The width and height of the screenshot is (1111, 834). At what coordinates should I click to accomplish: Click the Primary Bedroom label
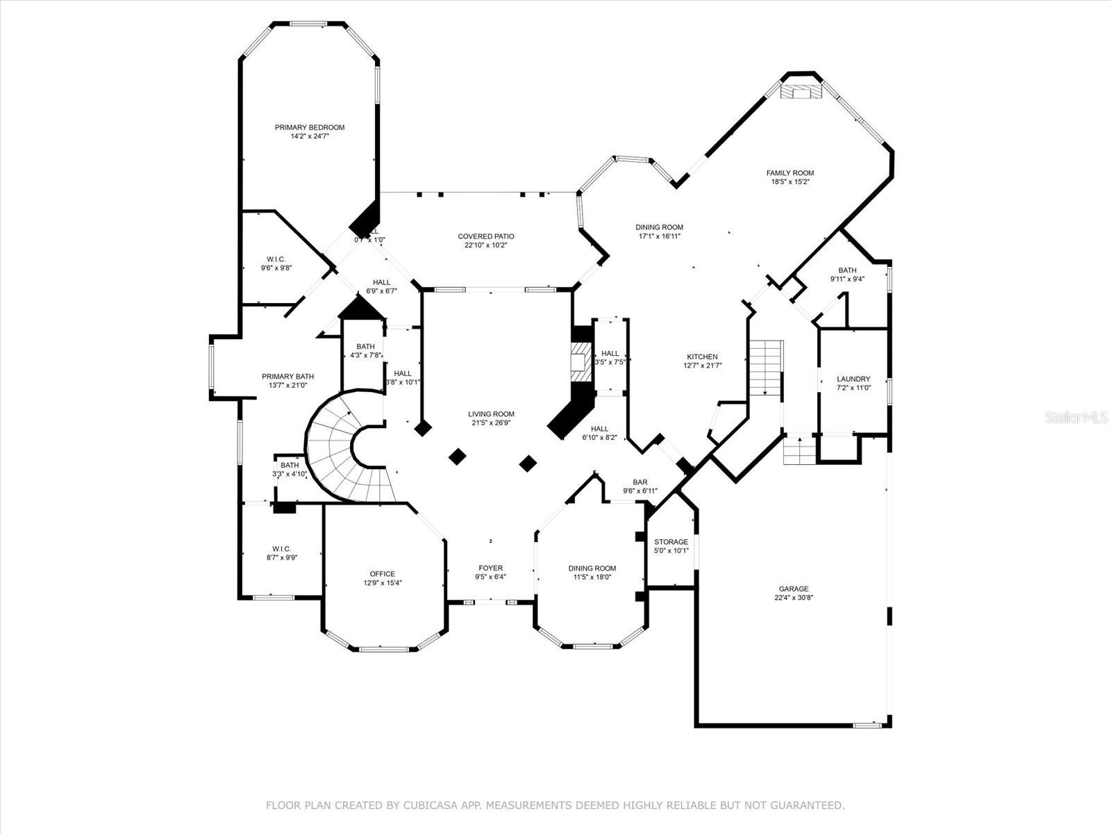(309, 127)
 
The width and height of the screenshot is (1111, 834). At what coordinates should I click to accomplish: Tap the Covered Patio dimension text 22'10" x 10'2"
(485, 245)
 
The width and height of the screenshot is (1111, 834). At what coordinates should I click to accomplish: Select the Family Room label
(790, 173)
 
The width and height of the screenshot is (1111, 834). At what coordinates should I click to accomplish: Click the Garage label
(793, 589)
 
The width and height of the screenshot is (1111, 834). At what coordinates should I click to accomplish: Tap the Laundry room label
(853, 379)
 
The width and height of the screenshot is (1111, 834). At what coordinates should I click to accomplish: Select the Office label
(382, 574)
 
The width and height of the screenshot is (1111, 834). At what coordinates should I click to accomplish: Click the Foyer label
(490, 568)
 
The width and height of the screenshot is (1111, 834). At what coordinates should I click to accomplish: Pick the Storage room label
(671, 542)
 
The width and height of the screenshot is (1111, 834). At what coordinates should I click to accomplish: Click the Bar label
(640, 482)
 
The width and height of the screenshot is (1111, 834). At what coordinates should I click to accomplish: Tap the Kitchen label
(701, 357)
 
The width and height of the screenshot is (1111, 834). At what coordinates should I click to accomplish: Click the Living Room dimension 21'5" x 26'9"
(491, 423)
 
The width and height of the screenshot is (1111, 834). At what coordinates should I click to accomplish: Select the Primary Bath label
(287, 376)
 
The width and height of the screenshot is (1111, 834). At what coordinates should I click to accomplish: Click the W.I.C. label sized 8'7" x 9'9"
(281, 548)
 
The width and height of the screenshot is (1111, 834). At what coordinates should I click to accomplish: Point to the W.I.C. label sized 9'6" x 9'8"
(276, 259)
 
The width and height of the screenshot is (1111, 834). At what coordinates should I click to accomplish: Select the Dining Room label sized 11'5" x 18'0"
(592, 568)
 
